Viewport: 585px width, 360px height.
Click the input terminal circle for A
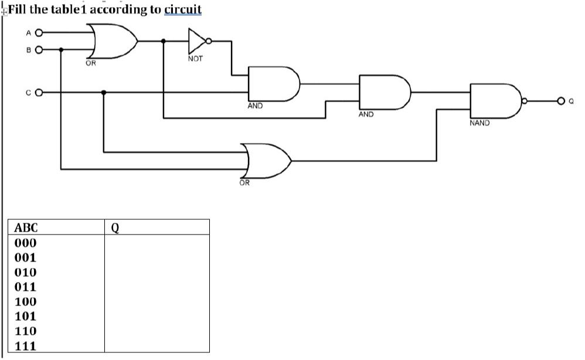pos(39,33)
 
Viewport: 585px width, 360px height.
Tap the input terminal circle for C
pos(39,92)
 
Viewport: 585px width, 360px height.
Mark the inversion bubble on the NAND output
pos(525,101)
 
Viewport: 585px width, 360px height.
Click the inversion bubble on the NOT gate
pos(209,41)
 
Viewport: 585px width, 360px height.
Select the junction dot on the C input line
pos(104,92)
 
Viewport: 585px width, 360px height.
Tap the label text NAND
pos(479,124)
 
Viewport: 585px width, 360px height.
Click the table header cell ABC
pos(26,227)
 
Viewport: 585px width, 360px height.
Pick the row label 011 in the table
pos(26,287)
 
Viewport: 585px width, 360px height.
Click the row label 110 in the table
pos(26,331)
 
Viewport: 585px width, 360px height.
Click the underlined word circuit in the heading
pos(183,10)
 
